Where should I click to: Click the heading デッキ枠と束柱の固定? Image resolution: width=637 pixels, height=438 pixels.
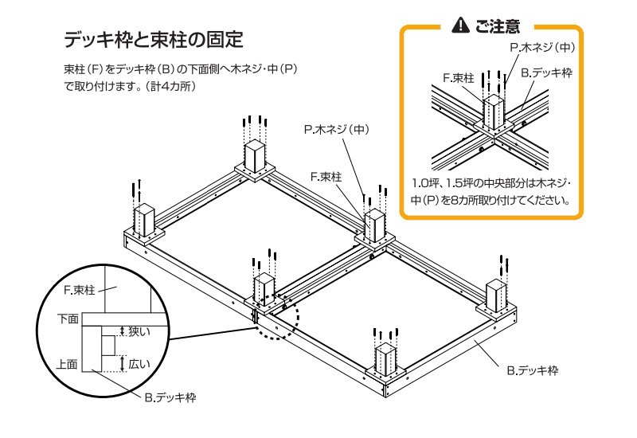[x=152, y=38]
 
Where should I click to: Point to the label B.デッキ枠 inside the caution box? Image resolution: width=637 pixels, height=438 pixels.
[x=546, y=72]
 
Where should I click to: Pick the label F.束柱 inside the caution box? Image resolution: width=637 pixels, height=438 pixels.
[x=459, y=78]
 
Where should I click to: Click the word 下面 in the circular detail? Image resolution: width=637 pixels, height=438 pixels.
[x=68, y=319]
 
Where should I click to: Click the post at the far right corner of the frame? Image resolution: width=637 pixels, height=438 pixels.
[x=495, y=296]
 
